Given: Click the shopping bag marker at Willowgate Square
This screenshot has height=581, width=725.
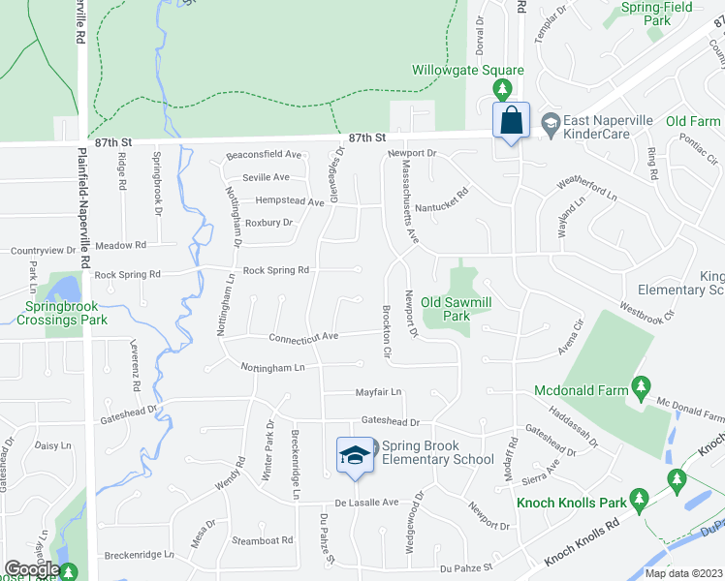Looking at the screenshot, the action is pos(511,121).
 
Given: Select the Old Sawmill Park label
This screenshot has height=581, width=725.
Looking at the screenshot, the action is pos(457,309).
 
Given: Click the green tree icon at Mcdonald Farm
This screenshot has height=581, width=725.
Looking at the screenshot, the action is pos(640,389).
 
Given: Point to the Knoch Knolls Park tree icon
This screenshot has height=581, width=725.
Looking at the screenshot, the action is pos(638,500).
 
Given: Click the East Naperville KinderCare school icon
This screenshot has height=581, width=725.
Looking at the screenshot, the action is pos(551,121).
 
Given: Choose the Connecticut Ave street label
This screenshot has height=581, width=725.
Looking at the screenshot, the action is pos(303,337).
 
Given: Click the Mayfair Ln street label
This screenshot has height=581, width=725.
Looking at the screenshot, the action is pos(376,392).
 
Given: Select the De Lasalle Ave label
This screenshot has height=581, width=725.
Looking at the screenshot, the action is pos(366,503).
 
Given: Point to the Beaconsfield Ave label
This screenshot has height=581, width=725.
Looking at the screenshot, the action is pos(264,155).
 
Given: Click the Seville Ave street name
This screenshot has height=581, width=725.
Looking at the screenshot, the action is pos(267,177).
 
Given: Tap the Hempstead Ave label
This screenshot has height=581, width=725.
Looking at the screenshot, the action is pos(289,201).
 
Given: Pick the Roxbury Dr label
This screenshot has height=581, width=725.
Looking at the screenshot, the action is pos(268,223).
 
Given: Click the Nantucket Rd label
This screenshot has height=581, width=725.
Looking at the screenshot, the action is pos(441,193).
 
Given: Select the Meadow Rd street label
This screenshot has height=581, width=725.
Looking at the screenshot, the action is pos(120,245).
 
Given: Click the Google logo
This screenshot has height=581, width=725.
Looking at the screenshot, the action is pos(32,569).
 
